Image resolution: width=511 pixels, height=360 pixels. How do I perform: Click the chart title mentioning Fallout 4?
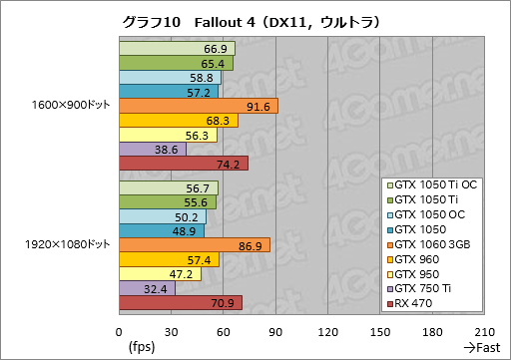255,20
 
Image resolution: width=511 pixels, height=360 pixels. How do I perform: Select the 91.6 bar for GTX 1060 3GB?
198,107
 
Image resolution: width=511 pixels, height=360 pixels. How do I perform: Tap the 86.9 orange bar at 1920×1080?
194,245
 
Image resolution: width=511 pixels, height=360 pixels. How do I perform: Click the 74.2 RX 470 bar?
183,164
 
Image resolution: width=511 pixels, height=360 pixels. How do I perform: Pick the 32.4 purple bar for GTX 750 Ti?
147,288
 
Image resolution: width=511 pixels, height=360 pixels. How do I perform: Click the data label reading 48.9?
185,231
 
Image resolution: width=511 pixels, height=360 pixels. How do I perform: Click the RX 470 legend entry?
423,303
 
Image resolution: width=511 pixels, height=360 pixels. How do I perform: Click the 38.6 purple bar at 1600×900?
152,150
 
